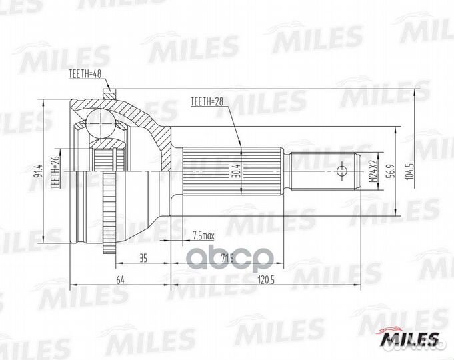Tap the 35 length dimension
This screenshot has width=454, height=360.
[143, 259]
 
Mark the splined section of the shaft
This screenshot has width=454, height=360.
[211, 171]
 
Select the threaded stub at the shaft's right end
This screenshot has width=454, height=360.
[326, 172]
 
